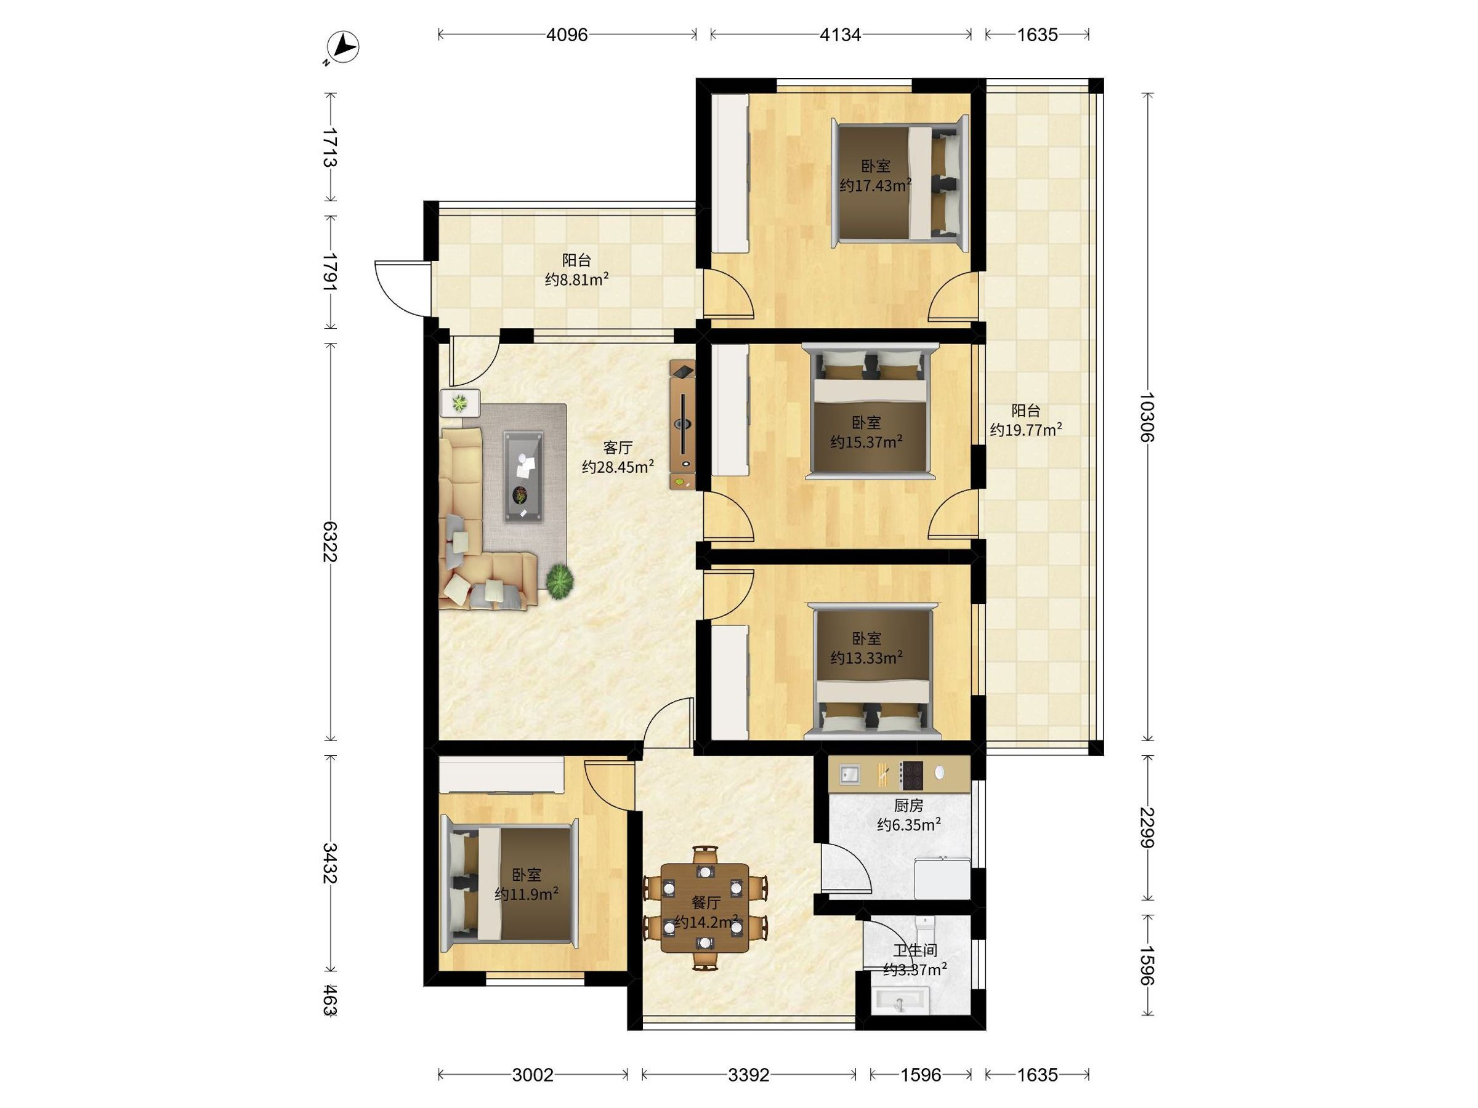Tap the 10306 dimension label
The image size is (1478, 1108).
point(1147,417)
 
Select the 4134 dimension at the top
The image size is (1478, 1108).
point(841,34)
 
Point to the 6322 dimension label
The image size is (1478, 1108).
point(329,542)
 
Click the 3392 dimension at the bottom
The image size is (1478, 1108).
point(748,1075)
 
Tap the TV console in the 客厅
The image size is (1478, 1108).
point(683,425)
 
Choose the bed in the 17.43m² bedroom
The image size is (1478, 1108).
point(900,183)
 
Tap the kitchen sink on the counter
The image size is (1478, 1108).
point(850,775)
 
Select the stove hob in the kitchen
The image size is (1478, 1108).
point(911,776)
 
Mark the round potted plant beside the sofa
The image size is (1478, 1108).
point(560,581)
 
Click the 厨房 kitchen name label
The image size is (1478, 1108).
point(909,806)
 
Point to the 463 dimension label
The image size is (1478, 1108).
point(329,1000)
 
